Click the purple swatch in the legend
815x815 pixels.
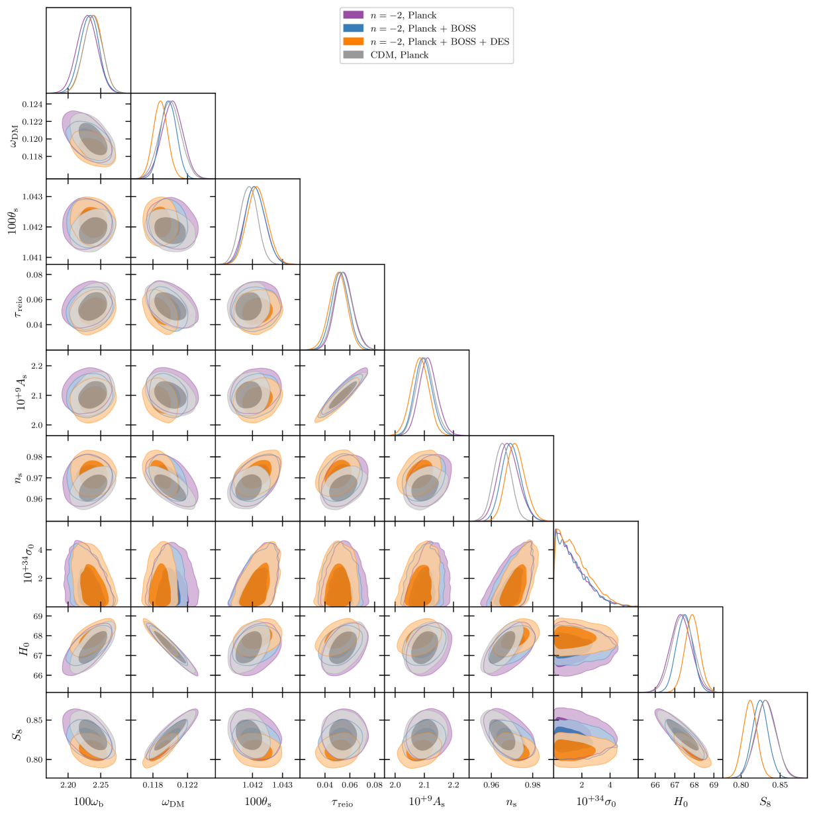353,15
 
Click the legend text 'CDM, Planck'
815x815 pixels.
399,55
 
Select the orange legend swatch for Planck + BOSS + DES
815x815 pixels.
353,42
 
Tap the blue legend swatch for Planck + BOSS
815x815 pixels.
353,28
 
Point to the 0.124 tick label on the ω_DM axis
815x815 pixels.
32,105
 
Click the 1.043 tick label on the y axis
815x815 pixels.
32,197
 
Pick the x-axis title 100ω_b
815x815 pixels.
88,802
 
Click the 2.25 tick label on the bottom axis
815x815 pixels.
101,785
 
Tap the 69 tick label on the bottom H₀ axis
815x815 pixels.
713,785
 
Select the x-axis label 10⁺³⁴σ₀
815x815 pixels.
595,802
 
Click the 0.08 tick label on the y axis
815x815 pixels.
34,275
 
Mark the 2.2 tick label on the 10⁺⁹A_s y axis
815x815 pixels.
37,366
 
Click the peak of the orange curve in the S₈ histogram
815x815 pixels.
750,700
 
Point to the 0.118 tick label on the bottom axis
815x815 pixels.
153,785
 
